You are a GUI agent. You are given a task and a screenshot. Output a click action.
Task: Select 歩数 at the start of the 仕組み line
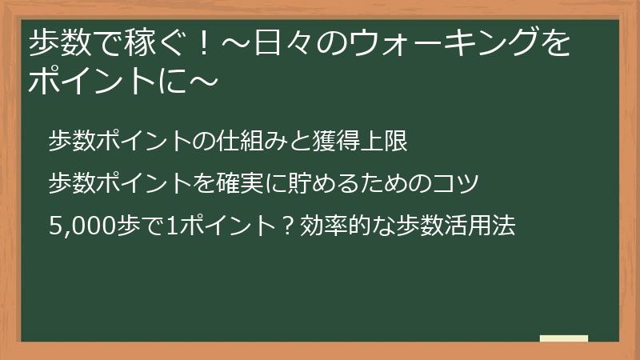[71, 142]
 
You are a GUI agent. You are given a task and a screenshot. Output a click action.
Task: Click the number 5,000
[79, 226]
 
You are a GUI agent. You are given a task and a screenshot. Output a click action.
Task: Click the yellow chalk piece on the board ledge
[564, 338]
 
